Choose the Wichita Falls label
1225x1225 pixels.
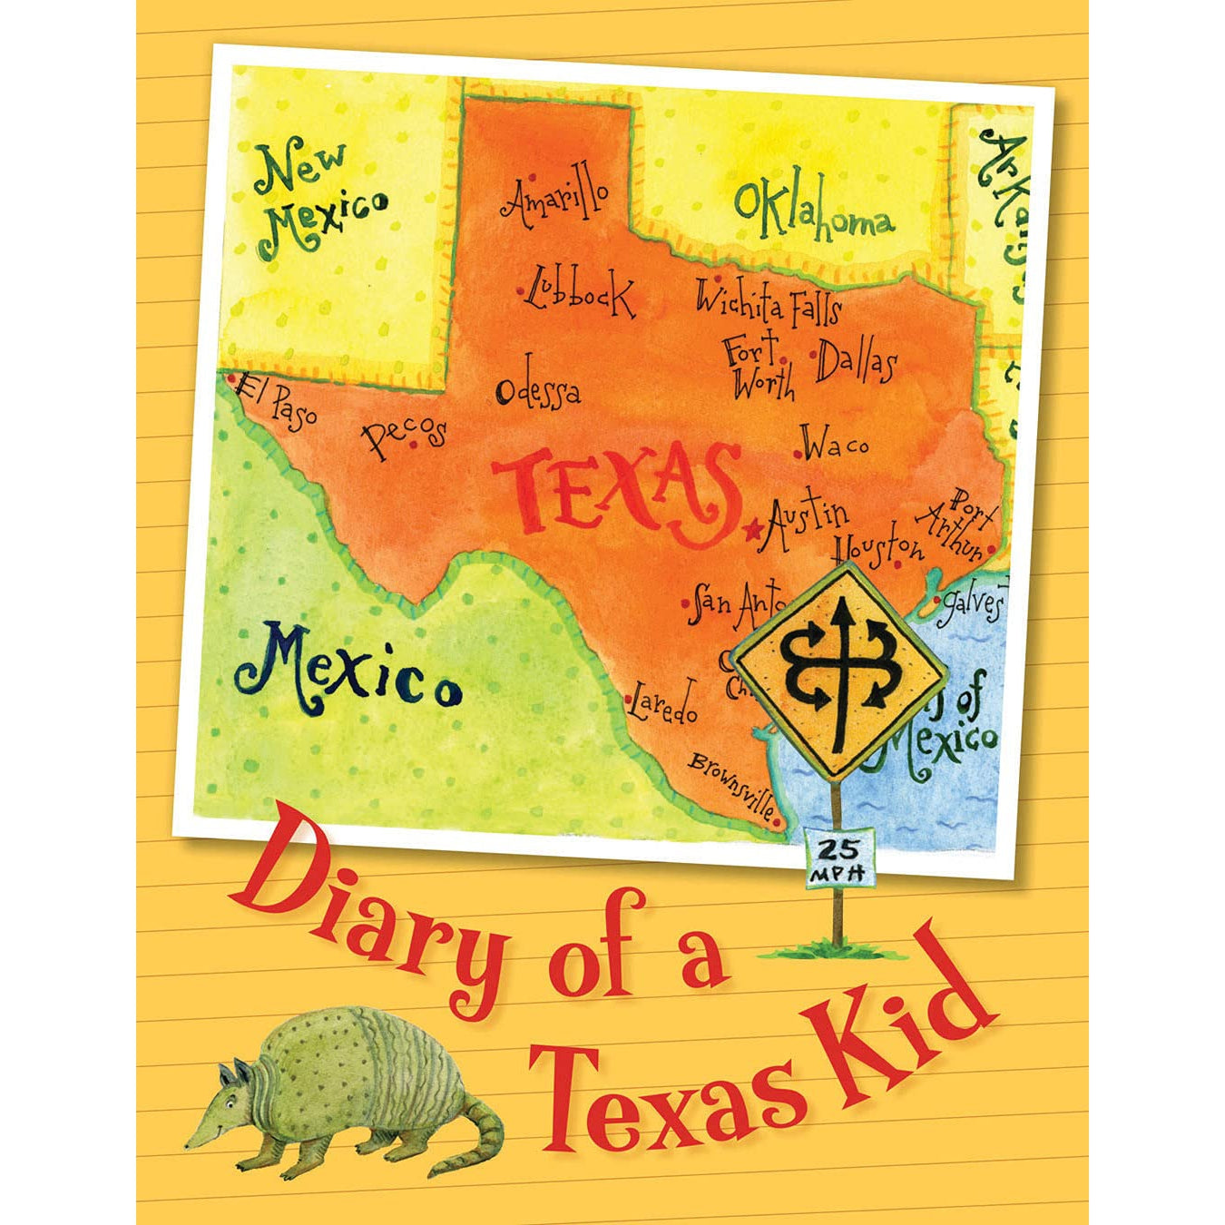[x=768, y=302]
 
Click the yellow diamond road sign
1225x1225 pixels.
[x=840, y=671]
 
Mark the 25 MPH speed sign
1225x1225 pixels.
[x=839, y=857]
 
